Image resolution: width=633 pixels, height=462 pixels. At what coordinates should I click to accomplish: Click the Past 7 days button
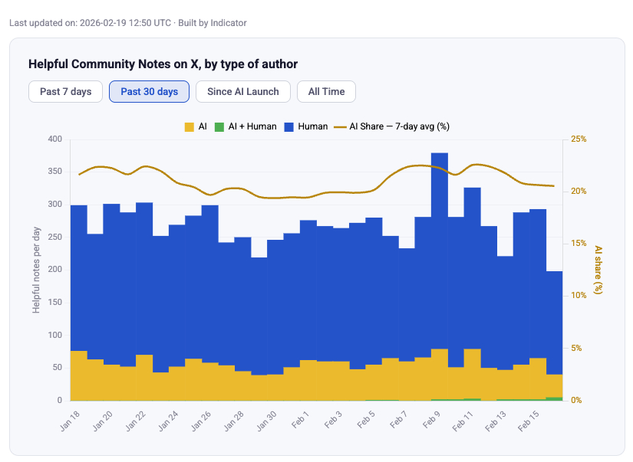pyautogui.click(x=66, y=92)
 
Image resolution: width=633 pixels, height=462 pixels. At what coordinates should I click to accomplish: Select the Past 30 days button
pyautogui.click(x=150, y=92)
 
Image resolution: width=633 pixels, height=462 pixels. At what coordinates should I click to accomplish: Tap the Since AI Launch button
pyautogui.click(x=243, y=92)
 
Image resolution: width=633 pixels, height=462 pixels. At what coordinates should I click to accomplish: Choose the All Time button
pyautogui.click(x=326, y=92)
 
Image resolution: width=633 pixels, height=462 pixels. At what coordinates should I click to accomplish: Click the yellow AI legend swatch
pyautogui.click(x=190, y=126)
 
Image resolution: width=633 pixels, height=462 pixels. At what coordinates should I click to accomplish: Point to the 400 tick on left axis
pyautogui.click(x=54, y=139)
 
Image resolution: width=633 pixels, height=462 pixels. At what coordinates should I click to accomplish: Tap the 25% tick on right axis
pyautogui.click(x=580, y=139)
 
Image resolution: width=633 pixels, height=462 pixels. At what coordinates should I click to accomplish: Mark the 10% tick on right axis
pyautogui.click(x=580, y=296)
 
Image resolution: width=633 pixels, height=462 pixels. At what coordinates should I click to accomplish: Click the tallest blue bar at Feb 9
pyautogui.click(x=440, y=230)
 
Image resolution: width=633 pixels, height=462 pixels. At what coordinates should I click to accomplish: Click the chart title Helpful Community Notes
pyautogui.click(x=163, y=64)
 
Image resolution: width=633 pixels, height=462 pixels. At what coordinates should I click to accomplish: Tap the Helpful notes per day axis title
pyautogui.click(x=36, y=270)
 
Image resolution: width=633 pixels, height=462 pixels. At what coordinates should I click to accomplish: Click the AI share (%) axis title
pyautogui.click(x=598, y=270)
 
